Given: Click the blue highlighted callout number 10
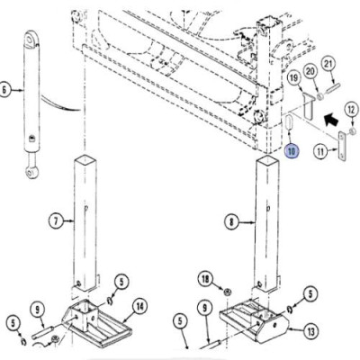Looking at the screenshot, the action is [292, 151].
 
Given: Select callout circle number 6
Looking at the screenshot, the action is [4, 89].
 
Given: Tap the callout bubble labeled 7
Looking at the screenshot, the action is [56, 221].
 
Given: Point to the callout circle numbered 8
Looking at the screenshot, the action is [232, 222].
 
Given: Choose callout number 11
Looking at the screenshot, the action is [321, 151].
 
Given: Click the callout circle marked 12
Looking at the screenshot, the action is [351, 110].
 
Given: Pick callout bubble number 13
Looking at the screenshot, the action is [310, 331].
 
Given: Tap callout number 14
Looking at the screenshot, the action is [139, 307].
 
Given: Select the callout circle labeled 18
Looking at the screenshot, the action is [205, 279].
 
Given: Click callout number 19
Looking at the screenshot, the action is [294, 78].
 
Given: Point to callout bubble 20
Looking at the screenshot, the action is [310, 71].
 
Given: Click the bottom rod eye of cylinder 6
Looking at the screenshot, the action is [31, 171].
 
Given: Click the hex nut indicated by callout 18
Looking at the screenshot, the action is [228, 292].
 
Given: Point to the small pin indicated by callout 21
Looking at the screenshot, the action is [331, 89].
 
